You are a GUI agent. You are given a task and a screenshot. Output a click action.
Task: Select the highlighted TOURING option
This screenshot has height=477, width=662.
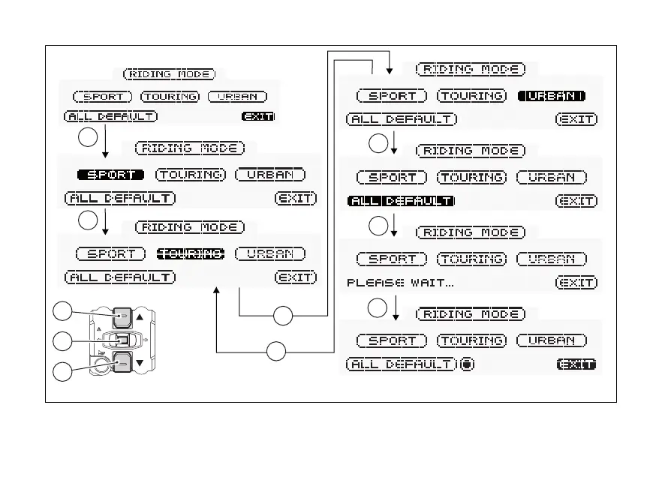click(190, 253)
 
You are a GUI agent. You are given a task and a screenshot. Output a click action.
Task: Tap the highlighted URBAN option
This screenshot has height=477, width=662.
click(551, 96)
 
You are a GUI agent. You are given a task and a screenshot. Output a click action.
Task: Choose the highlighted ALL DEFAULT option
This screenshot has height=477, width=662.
click(402, 201)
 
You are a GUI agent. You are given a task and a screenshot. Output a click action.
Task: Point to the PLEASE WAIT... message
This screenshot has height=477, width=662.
click(400, 283)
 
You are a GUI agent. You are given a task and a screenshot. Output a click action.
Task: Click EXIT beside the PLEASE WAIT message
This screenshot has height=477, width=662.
click(576, 283)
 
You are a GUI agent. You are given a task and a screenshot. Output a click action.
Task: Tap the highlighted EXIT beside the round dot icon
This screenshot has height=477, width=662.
click(576, 364)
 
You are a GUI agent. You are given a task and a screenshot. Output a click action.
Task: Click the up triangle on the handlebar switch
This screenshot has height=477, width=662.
click(140, 318)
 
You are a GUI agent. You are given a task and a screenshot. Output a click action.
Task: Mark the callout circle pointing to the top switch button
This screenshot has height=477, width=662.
click(63, 312)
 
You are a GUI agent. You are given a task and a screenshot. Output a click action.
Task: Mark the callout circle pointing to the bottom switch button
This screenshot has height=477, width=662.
click(63, 370)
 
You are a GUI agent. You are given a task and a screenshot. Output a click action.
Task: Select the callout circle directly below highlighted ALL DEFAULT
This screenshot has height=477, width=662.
click(379, 226)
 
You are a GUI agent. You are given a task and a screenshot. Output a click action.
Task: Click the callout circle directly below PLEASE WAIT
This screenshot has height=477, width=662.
click(379, 307)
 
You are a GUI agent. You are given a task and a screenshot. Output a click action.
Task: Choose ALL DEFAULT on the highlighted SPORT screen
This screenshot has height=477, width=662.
click(120, 199)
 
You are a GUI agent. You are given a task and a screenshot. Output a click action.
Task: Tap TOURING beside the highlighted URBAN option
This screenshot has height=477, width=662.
click(471, 96)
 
